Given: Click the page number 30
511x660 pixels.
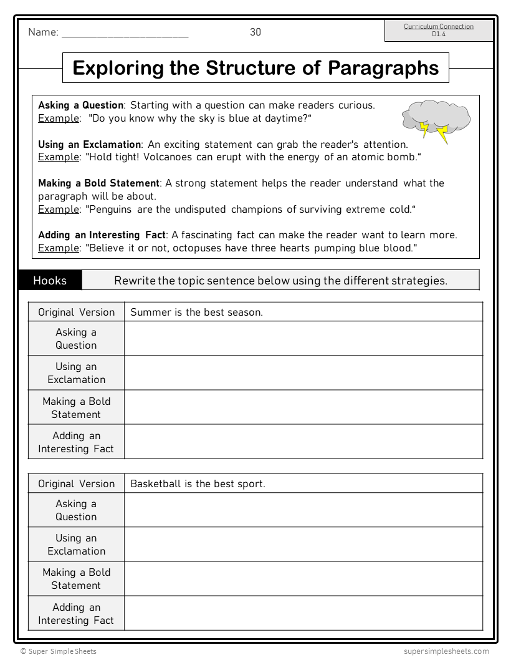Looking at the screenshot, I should [x=255, y=32].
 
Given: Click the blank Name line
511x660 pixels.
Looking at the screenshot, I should [x=125, y=34].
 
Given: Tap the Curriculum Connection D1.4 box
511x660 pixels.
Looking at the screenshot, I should [x=438, y=31].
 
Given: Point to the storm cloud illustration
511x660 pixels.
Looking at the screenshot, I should [x=435, y=120].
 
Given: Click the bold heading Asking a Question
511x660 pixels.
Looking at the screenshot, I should [x=81, y=105].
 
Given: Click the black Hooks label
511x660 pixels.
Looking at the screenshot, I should [x=50, y=280].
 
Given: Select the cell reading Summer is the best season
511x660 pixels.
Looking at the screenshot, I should [x=196, y=312].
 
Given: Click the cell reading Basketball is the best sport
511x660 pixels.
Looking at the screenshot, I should [x=198, y=483].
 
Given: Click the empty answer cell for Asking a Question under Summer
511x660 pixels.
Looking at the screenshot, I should [x=303, y=339].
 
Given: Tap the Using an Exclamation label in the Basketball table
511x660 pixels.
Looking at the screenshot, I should [x=76, y=544].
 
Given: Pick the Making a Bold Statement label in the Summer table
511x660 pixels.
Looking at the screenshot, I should [x=76, y=407].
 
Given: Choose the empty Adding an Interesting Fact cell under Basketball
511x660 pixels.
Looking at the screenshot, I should [x=303, y=613].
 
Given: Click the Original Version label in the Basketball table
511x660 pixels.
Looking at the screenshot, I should [x=76, y=483].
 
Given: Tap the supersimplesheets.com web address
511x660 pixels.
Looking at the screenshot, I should [x=446, y=651].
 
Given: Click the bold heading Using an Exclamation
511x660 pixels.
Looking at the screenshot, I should [x=90, y=144].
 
